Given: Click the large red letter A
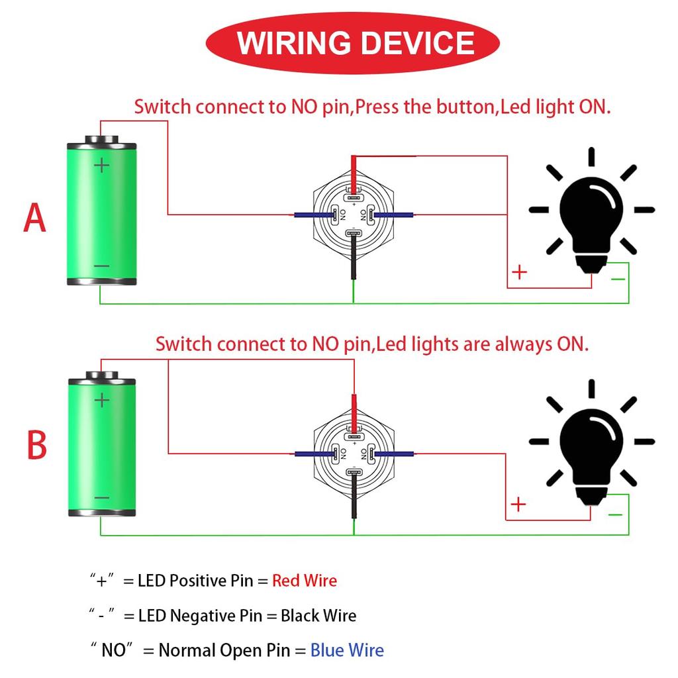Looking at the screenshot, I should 35,218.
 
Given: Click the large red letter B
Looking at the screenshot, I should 36,446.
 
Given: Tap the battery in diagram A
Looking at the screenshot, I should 102,212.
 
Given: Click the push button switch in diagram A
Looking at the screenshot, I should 354,215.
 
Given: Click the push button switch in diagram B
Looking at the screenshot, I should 354,453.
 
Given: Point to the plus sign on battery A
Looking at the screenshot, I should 101,165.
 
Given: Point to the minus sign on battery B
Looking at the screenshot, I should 101,498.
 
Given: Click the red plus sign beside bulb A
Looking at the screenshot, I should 520,271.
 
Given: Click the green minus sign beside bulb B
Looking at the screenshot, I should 615,514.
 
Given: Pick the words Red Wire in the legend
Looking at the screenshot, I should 305,581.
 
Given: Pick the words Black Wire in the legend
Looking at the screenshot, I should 318,616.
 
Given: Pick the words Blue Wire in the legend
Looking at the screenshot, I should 347,650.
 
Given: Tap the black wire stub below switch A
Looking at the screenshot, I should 354,262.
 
